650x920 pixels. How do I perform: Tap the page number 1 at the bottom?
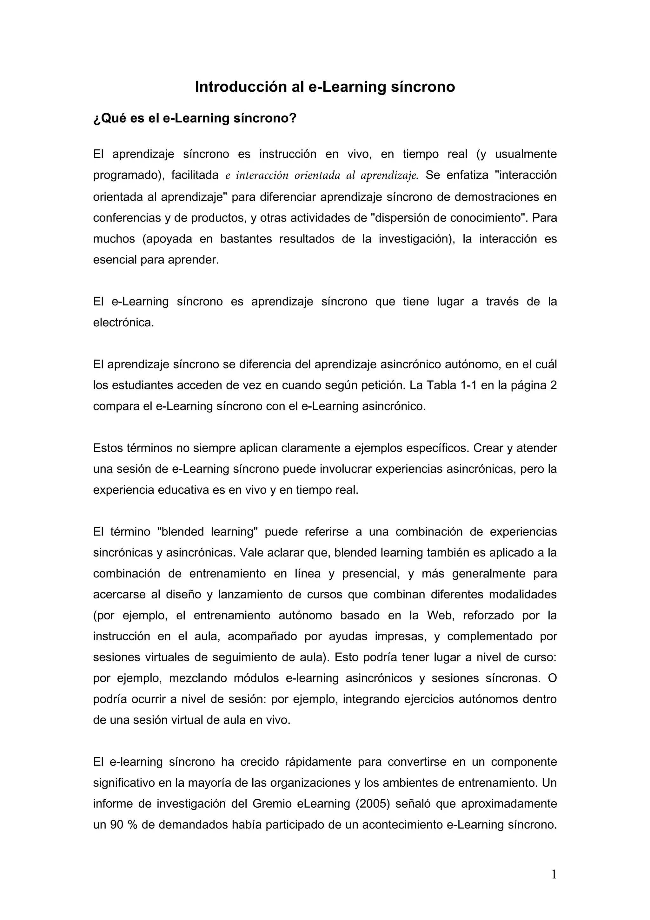(554, 874)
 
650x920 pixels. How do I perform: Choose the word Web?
(440, 615)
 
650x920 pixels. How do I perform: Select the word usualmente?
(526, 154)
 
